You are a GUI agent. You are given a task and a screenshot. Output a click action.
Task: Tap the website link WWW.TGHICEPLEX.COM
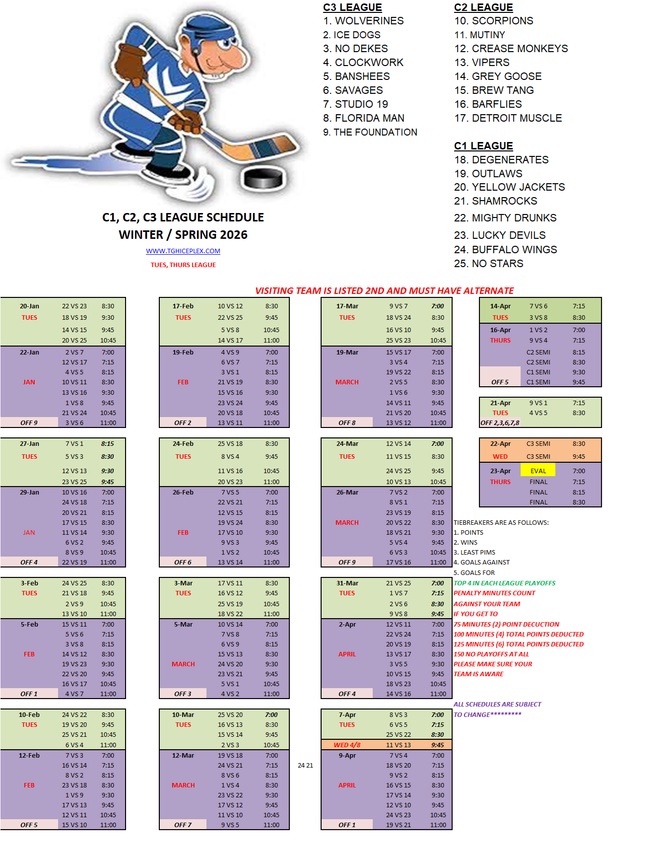[183, 251]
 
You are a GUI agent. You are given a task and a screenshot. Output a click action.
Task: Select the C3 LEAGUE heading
[352, 7]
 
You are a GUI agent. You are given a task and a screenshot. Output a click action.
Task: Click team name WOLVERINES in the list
[369, 21]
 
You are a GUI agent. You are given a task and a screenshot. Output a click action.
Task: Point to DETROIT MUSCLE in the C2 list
[517, 118]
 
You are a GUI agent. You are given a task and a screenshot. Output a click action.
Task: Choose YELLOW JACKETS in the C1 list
[518, 187]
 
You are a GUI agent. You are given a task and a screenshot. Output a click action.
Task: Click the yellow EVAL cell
[538, 471]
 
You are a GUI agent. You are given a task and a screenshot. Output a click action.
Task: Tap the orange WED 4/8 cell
[347, 745]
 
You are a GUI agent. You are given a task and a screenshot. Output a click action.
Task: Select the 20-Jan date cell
[29, 306]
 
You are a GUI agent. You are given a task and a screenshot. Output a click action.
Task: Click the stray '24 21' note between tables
[305, 766]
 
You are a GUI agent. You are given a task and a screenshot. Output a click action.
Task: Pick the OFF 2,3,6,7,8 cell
[500, 423]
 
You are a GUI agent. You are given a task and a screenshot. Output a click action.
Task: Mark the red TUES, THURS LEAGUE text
[183, 265]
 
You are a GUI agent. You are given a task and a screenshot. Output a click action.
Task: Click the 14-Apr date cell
[500, 306]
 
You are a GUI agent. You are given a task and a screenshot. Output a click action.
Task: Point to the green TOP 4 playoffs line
[504, 583]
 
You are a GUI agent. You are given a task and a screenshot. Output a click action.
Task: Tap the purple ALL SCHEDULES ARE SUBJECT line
[497, 705]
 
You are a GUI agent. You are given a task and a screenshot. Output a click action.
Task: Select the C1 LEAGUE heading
[483, 146]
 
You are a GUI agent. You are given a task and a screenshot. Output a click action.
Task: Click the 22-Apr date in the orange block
[500, 444]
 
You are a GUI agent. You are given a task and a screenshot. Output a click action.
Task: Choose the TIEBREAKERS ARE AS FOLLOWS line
[501, 523]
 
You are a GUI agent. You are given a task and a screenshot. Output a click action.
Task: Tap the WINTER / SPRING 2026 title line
[183, 235]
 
